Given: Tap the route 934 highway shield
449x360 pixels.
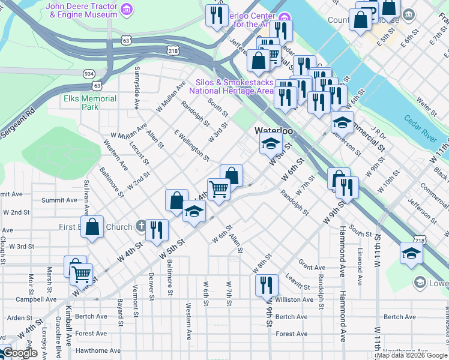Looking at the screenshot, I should coord(89,73).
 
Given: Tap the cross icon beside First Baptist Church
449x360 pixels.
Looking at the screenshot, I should coord(140,226).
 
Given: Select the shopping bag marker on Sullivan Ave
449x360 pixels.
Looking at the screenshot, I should coord(92,227).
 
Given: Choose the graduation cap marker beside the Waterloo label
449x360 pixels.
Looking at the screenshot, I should coord(271,144).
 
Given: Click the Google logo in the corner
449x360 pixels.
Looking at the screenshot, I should coord(20,353).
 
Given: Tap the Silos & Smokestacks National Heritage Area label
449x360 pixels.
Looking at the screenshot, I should coord(231,87).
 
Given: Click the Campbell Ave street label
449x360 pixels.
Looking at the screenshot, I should coord(36,299).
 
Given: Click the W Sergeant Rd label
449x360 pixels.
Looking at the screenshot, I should coord(18,122).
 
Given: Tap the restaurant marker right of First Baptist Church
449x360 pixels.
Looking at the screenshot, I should coord(157,230).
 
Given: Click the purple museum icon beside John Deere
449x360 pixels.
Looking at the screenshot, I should coord(126,9).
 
